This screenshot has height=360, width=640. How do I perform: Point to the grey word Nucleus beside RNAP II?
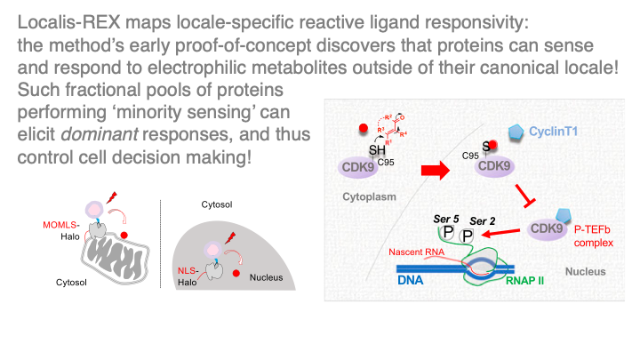click(585, 271)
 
